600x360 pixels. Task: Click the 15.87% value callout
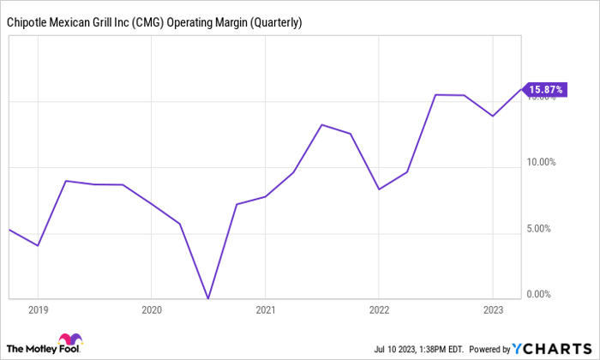click(x=548, y=89)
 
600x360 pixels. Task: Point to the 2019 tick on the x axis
click(x=38, y=309)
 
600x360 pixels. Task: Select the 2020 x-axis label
click(x=151, y=309)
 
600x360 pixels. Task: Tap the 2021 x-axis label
click(x=265, y=309)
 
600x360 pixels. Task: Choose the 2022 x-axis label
click(x=379, y=309)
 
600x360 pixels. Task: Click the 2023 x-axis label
click(x=492, y=309)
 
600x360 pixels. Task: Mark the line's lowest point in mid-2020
click(x=208, y=298)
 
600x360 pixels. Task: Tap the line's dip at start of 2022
click(x=379, y=189)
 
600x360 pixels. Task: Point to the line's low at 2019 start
click(x=38, y=246)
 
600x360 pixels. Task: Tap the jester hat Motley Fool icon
click(x=66, y=340)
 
